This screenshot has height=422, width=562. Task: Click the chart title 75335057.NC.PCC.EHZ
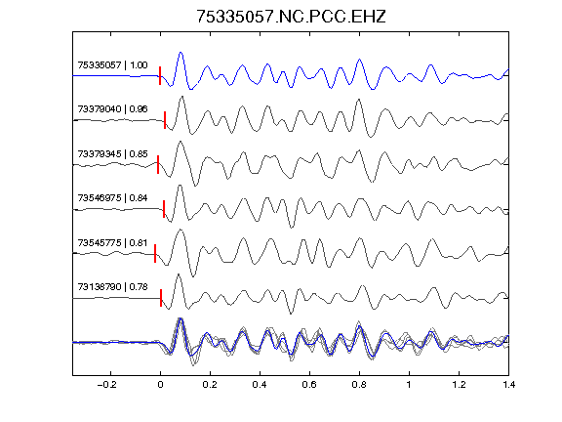tap(291, 17)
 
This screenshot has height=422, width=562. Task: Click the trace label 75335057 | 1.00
tap(112, 64)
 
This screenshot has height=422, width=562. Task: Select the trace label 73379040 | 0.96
tap(112, 109)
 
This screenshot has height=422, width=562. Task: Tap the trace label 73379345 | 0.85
tap(112, 154)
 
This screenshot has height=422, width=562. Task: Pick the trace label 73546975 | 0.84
tap(112, 198)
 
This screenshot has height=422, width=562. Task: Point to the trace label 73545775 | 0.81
tap(112, 243)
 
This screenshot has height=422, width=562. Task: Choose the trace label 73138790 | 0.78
tap(112, 287)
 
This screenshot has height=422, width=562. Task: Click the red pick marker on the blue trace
tap(160, 76)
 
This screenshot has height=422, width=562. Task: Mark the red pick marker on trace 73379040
tap(165, 120)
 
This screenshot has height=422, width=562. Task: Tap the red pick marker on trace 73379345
tap(158, 165)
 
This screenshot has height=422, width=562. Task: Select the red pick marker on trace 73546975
tap(164, 209)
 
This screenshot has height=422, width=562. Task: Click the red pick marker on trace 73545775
tap(155, 253)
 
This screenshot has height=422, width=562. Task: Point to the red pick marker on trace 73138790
tap(161, 298)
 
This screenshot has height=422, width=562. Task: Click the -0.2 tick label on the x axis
tap(107, 385)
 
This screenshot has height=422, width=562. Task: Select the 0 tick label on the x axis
tap(160, 385)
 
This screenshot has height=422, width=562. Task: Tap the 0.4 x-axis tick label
tap(260, 385)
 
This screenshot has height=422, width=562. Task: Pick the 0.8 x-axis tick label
tap(359, 385)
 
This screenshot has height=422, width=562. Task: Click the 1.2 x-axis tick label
tap(459, 385)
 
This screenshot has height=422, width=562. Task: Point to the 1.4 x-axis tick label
tap(508, 385)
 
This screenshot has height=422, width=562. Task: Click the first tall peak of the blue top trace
tap(181, 53)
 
